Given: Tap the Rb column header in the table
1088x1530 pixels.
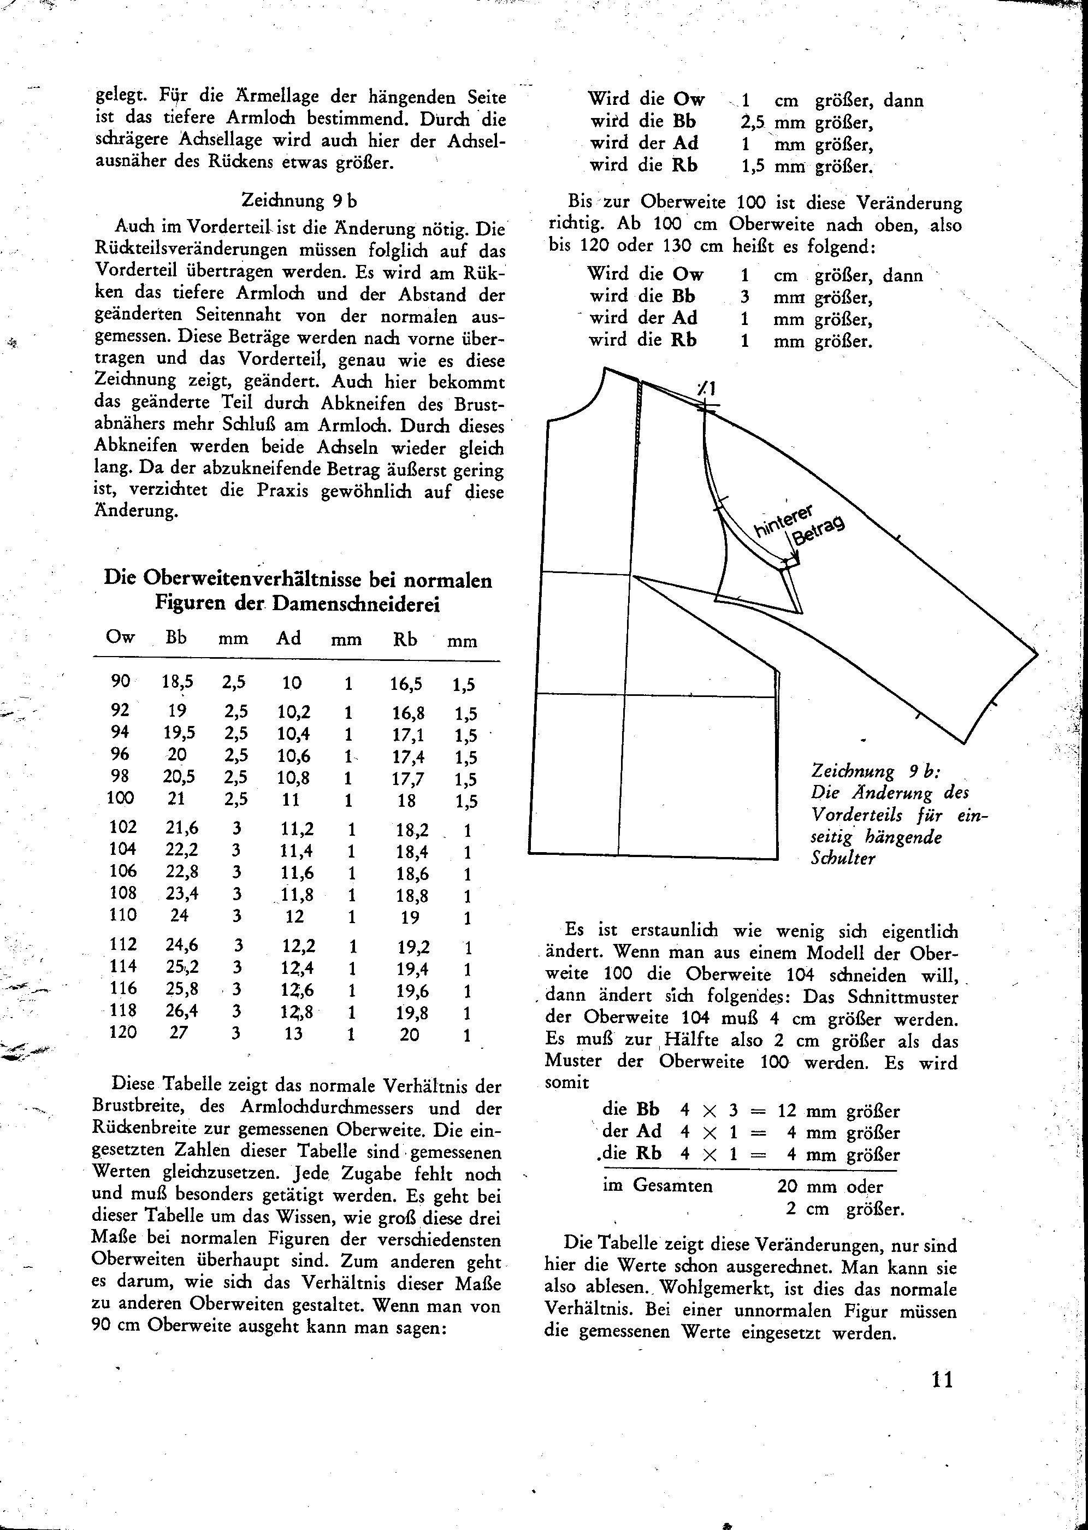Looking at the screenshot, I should point(405,639).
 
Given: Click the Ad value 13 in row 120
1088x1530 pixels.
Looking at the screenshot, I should point(293,1033).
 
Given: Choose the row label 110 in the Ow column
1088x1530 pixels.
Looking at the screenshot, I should point(123,915).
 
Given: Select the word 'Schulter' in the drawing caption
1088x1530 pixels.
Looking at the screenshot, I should point(843,858).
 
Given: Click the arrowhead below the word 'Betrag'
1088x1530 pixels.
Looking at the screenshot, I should point(796,559).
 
